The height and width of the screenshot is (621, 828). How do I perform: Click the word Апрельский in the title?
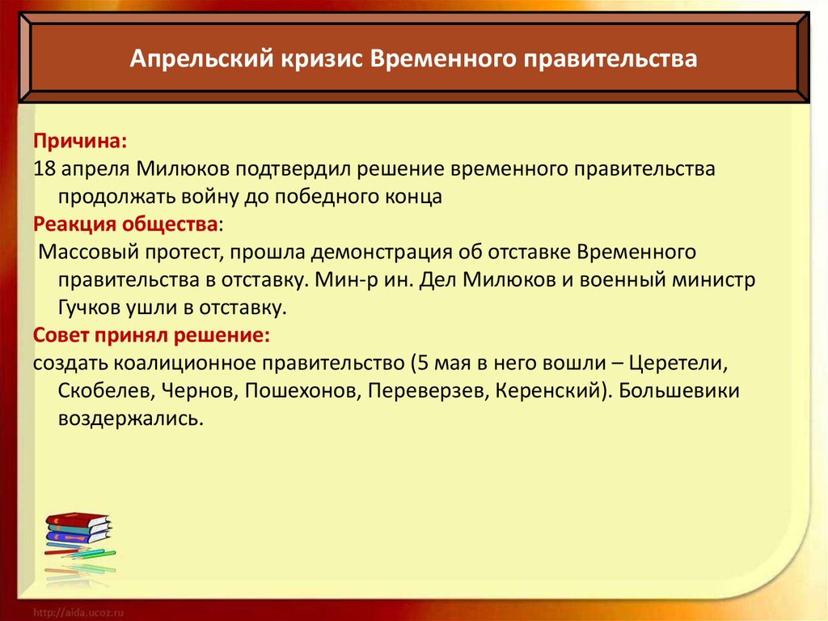tap(202, 59)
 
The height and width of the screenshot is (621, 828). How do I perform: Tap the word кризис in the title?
tap(322, 59)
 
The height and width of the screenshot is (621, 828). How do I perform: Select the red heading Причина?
tap(80, 141)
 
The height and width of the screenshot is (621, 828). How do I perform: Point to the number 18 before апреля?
tap(44, 168)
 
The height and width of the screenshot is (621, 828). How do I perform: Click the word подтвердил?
tap(295, 169)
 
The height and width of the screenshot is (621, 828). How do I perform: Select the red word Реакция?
tap(74, 224)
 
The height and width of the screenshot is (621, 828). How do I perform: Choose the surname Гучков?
tap(87, 308)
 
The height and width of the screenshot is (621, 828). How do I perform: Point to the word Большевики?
tap(678, 391)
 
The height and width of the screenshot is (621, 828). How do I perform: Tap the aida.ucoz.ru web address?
tap(78, 613)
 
